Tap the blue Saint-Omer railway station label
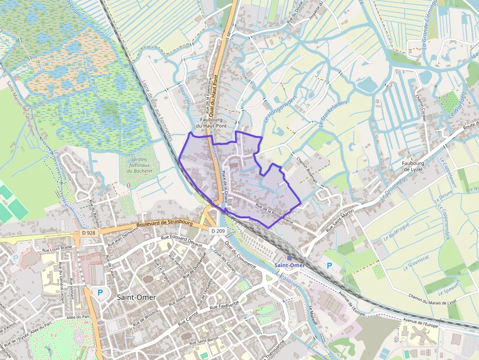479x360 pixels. [x=289, y=265]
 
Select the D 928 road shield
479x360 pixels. [x=88, y=233]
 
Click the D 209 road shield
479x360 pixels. [x=218, y=230]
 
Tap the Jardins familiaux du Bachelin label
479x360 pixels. [x=139, y=165]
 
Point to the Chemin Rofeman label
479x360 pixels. [x=307, y=169]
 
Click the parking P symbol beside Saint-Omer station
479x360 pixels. [x=329, y=266]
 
